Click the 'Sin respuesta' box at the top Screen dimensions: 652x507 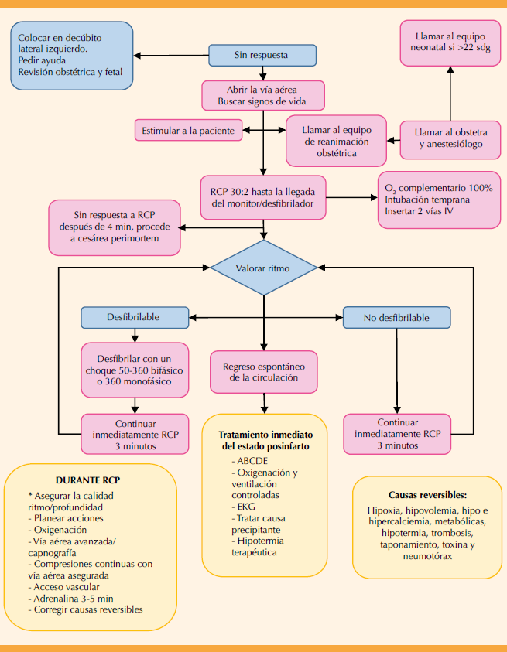(x=262, y=56)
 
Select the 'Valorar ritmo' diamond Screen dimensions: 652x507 (x=264, y=268)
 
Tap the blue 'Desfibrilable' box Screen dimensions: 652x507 (x=135, y=316)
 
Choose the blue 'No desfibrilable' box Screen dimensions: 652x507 (x=396, y=316)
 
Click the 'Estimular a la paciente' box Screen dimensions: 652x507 (x=188, y=131)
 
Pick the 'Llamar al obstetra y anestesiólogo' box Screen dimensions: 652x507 (x=450, y=138)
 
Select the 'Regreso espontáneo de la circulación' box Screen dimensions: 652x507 (x=264, y=371)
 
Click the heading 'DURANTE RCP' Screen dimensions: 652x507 (x=87, y=480)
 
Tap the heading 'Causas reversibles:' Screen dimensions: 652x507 (x=427, y=494)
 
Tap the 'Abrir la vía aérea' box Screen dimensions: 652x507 (x=262, y=95)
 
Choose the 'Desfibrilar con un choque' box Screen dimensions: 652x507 (x=135, y=370)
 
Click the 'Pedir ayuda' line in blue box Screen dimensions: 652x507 (x=43, y=59)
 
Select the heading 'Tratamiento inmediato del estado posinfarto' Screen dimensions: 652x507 (x=264, y=440)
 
